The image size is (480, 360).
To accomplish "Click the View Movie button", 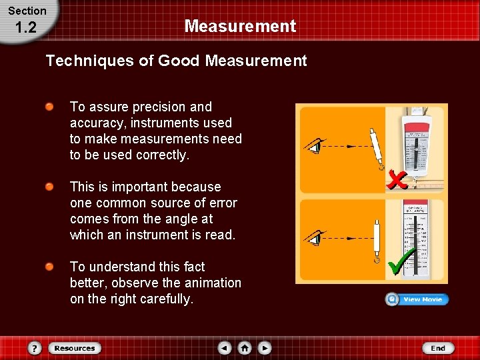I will [x=417, y=299].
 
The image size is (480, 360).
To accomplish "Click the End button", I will [x=437, y=348].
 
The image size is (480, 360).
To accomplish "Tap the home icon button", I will [x=245, y=348].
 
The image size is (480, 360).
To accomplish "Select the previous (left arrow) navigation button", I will [x=225, y=348].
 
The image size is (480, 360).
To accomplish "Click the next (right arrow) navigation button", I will [x=265, y=348].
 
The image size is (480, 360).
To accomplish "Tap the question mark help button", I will [x=35, y=348].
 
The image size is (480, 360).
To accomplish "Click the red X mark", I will [x=398, y=178].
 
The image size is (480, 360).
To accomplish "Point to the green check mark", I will [x=401, y=261].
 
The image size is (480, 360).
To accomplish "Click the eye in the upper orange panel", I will [x=314, y=146].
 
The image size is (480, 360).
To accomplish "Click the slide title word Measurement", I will [x=240, y=27].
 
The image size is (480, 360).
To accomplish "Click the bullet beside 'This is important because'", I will [x=50, y=187].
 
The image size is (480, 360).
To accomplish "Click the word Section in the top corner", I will [x=27, y=11].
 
